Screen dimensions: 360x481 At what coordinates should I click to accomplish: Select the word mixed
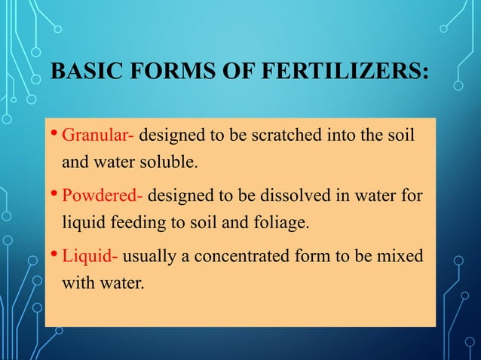403,256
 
